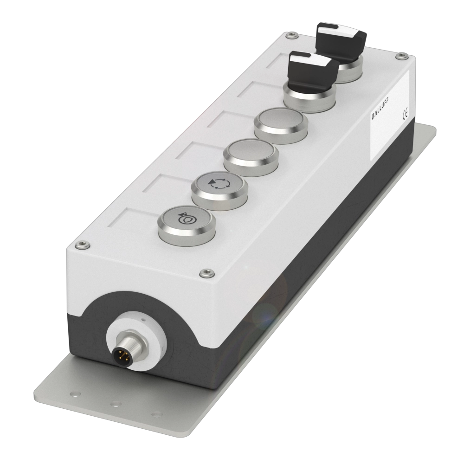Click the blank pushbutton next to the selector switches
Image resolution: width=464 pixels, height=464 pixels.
(x=281, y=126)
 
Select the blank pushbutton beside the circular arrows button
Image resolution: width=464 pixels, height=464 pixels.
(x=251, y=157)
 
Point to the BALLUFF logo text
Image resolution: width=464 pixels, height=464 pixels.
(x=381, y=109)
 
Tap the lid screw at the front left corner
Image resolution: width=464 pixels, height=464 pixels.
(x=83, y=245)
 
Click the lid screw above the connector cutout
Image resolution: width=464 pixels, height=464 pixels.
(x=207, y=273)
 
